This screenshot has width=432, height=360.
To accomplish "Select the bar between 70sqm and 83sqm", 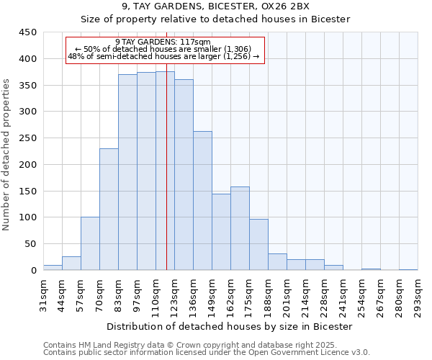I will tap(109, 209).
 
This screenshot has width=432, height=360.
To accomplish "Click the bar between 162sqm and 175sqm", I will tap(240, 228).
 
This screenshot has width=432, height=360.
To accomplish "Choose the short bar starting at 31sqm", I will tap(53, 267).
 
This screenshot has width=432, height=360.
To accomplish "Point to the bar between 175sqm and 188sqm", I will tap(258, 244).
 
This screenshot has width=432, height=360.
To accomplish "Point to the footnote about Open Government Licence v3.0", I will tap(207, 353).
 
